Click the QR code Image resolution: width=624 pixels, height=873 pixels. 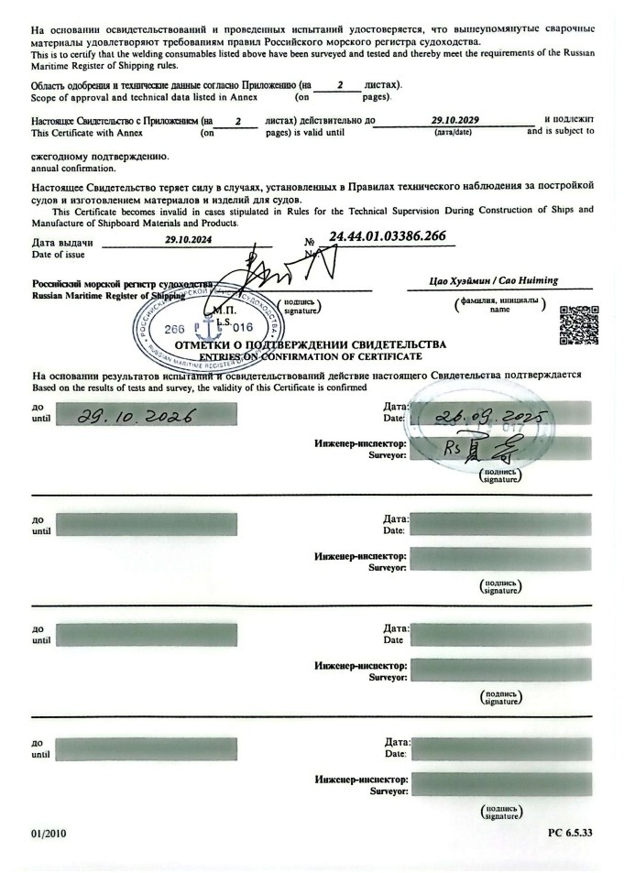point(578,324)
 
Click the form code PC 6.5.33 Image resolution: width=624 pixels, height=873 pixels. point(570,834)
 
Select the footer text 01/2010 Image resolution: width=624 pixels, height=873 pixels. point(49,834)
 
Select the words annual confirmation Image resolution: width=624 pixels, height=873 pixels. point(73,169)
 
